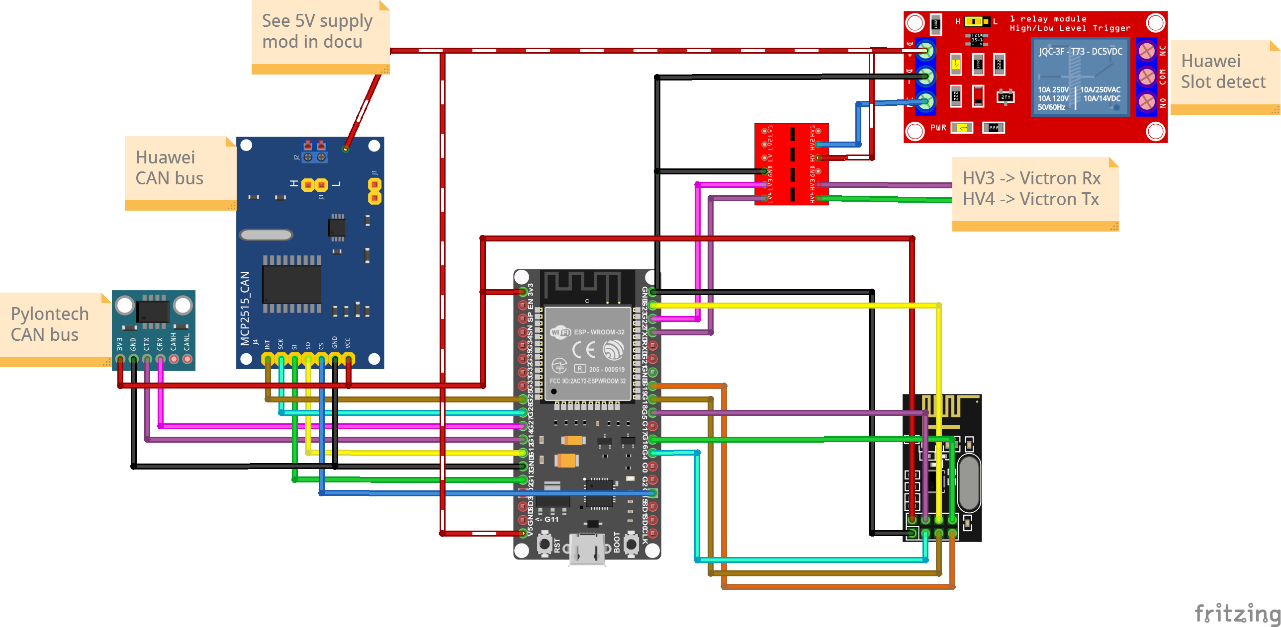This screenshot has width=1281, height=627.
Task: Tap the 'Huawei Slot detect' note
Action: pyautogui.click(x=1223, y=73)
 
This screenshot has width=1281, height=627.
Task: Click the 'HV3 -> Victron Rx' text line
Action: pyautogui.click(x=1031, y=178)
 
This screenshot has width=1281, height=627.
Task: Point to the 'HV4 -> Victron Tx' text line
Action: pyautogui.click(x=1030, y=199)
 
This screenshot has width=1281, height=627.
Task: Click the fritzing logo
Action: pyautogui.click(x=1237, y=613)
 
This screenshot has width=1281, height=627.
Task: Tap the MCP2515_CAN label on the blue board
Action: pyautogui.click(x=245, y=309)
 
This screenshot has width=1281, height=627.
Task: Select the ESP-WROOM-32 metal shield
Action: pyautogui.click(x=588, y=353)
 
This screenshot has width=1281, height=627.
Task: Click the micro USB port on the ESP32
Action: pyautogui.click(x=587, y=549)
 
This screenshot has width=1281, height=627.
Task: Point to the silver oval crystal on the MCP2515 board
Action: pyautogui.click(x=266, y=235)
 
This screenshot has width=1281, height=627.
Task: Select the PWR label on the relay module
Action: pyautogui.click(x=938, y=128)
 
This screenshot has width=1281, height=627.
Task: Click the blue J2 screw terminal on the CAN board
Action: pyautogui.click(x=315, y=157)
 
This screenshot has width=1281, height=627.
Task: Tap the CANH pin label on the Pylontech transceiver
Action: pyautogui.click(x=174, y=342)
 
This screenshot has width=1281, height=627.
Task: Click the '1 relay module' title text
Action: pyautogui.click(x=1048, y=19)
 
